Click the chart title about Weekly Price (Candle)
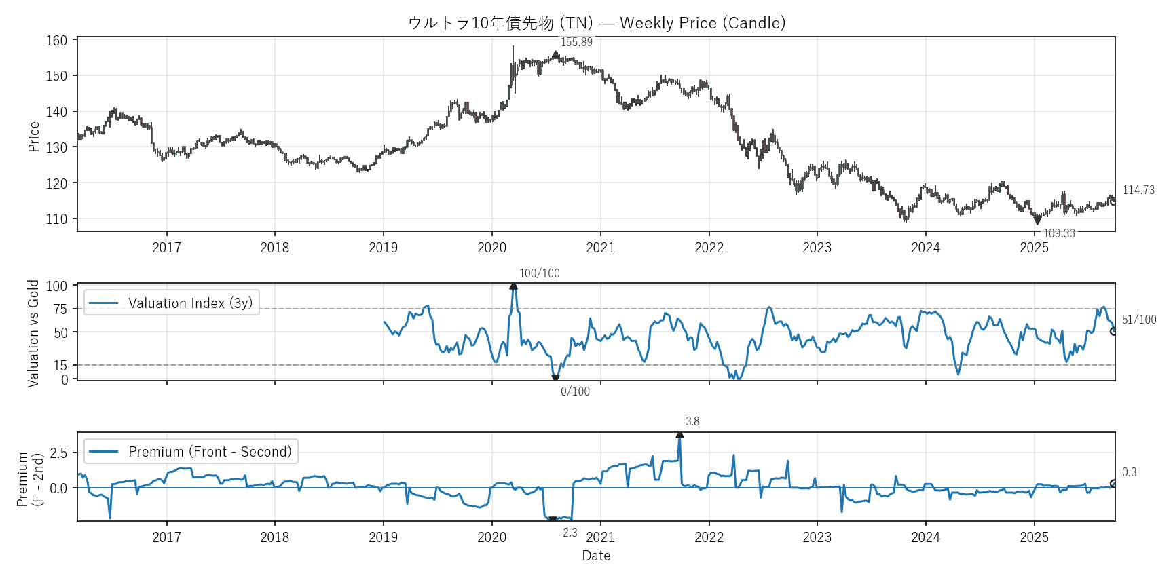[597, 23]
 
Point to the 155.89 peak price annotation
[576, 42]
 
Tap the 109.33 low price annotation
[1059, 233]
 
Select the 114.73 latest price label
[1138, 190]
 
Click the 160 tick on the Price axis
[57, 41]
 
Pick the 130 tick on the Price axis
[57, 147]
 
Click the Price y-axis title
[34, 136]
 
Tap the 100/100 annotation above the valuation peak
[540, 273]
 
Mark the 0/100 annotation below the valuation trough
[575, 391]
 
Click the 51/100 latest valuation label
[1139, 320]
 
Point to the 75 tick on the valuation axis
[60, 309]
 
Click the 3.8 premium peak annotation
[692, 421]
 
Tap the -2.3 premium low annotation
[568, 533]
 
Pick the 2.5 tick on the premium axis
[59, 453]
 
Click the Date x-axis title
[596, 556]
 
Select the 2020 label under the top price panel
[491, 248]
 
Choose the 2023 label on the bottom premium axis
[817, 537]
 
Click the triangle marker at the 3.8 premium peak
[679, 435]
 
